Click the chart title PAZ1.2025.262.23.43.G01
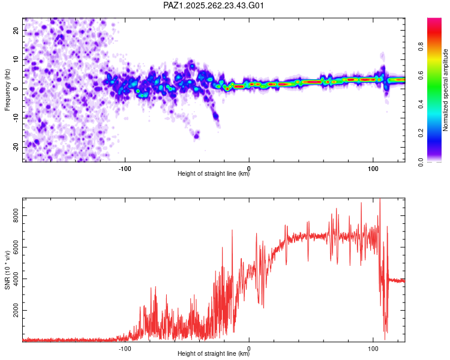click(x=213, y=5)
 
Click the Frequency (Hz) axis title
click(x=7, y=90)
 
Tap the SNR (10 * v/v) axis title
click(x=7, y=270)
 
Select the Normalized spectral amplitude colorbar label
click(x=445, y=90)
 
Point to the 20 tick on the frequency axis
click(x=16, y=30)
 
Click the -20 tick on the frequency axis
click(x=16, y=148)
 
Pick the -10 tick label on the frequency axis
click(x=16, y=118)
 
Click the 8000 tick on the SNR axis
click(x=16, y=215)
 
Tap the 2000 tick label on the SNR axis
click(x=16, y=310)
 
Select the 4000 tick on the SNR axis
click(x=16, y=279)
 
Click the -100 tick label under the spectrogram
click(x=125, y=169)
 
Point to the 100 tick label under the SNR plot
click(x=373, y=349)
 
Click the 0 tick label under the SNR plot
click(x=249, y=349)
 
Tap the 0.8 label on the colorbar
click(x=421, y=47)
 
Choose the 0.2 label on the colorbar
click(x=421, y=133)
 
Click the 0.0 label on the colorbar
click(x=421, y=162)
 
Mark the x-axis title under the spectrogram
click(x=214, y=173)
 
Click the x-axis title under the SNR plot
click(x=214, y=353)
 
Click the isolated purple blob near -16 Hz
click(x=197, y=135)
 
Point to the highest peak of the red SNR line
click(x=380, y=199)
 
